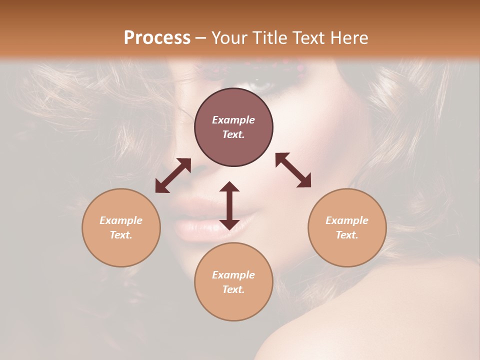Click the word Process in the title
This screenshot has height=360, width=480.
157,38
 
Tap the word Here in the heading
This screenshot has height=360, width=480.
348,38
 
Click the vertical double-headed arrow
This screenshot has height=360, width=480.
229,205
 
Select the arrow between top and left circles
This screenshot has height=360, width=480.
173,175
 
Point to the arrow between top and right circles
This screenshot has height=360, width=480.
293,170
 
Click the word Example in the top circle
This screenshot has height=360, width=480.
233,120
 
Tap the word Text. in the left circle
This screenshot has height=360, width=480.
121,235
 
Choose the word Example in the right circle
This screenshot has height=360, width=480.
347,220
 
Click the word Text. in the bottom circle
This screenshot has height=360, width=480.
233,289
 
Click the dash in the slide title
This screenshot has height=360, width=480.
200,38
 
